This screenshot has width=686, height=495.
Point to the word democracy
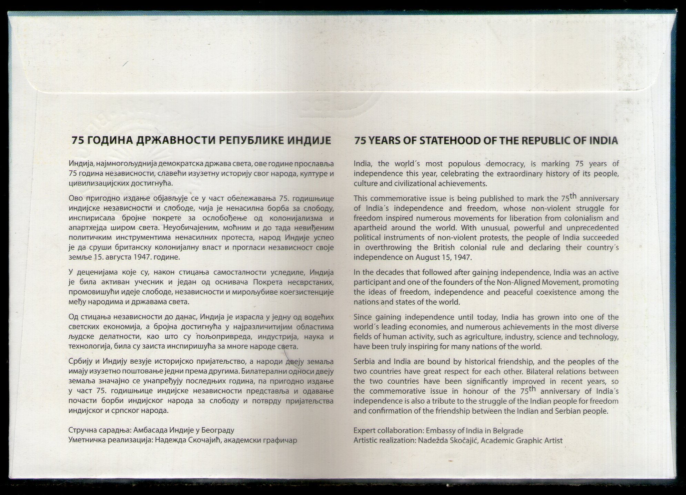pyautogui.click(x=502, y=163)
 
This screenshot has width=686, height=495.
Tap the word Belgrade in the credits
pyautogui.click(x=508, y=431)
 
